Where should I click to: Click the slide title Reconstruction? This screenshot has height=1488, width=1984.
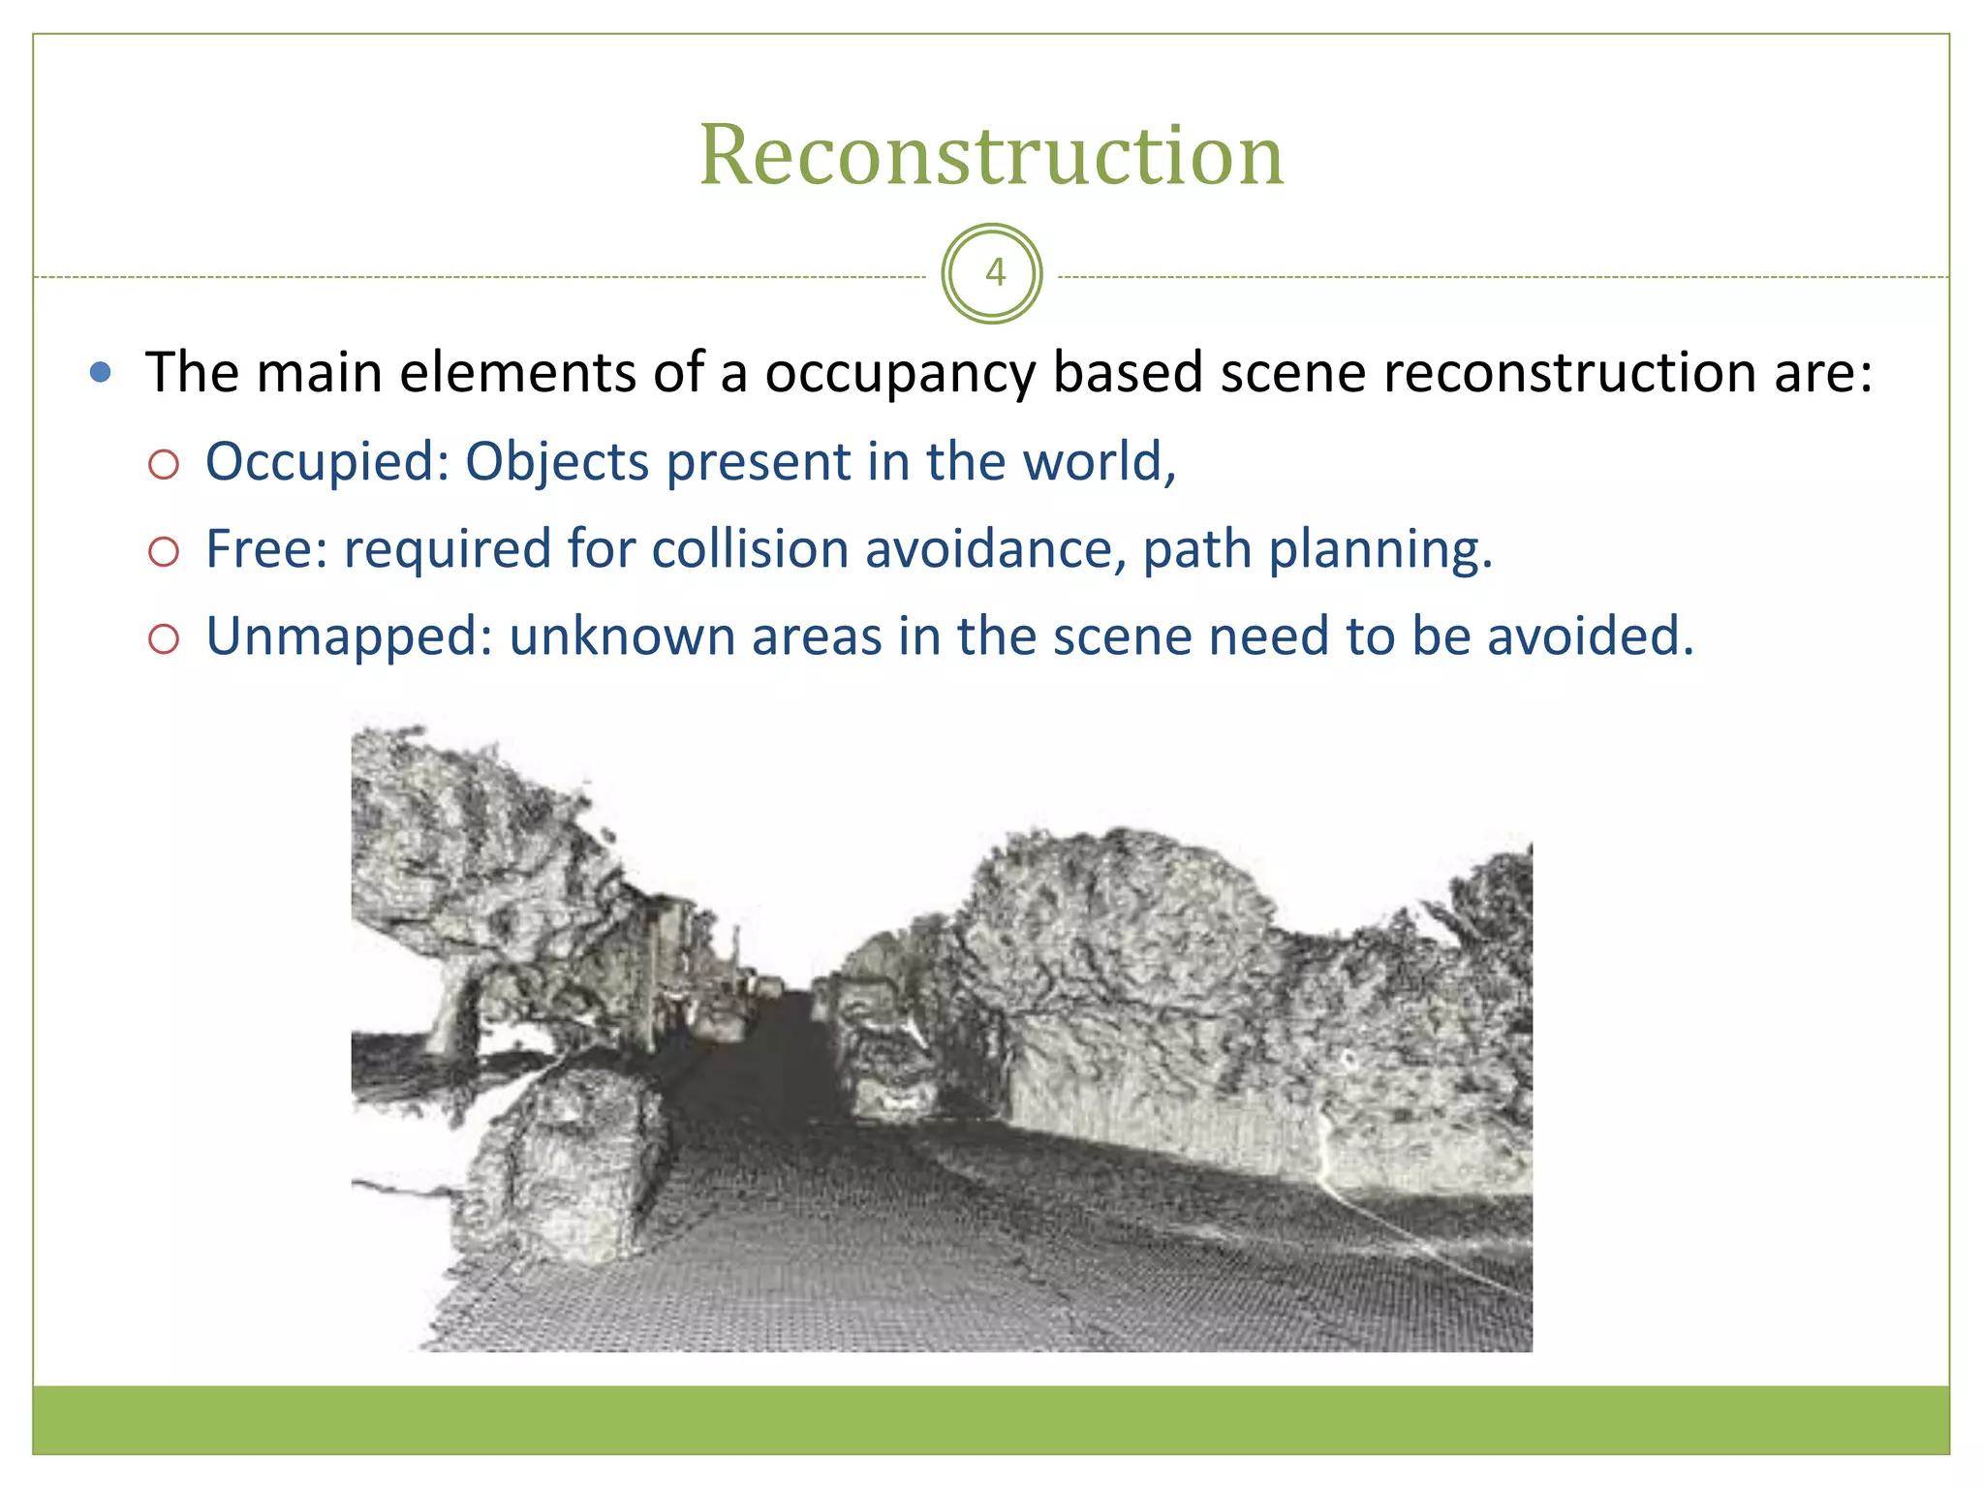point(991,155)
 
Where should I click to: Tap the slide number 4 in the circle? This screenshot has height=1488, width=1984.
point(994,273)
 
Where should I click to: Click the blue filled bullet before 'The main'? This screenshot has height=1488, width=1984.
point(100,372)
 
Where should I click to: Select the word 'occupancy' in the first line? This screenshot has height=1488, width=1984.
point(900,374)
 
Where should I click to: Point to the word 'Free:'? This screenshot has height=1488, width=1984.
point(266,549)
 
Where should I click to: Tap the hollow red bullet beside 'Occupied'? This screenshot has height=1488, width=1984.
point(164,465)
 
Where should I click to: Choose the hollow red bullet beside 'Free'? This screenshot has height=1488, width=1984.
point(164,552)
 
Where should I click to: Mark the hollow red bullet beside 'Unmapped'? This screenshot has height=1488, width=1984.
point(164,639)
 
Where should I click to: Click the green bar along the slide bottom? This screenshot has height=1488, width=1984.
point(991,1419)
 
